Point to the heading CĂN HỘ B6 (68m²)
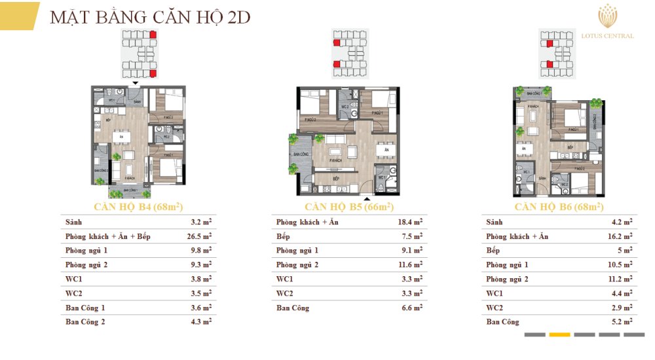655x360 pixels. (x=559, y=207)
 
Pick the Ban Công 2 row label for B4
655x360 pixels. (x=85, y=322)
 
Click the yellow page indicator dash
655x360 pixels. (x=559, y=334)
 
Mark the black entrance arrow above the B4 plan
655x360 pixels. (x=135, y=83)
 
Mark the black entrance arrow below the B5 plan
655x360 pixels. (x=367, y=197)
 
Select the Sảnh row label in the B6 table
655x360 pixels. (x=495, y=222)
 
